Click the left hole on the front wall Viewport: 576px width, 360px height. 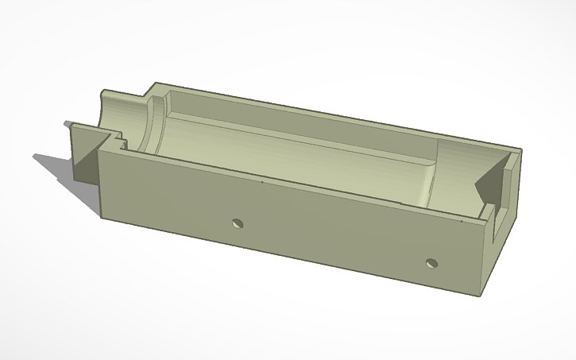click(x=235, y=223)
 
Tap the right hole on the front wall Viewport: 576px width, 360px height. click(x=431, y=261)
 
